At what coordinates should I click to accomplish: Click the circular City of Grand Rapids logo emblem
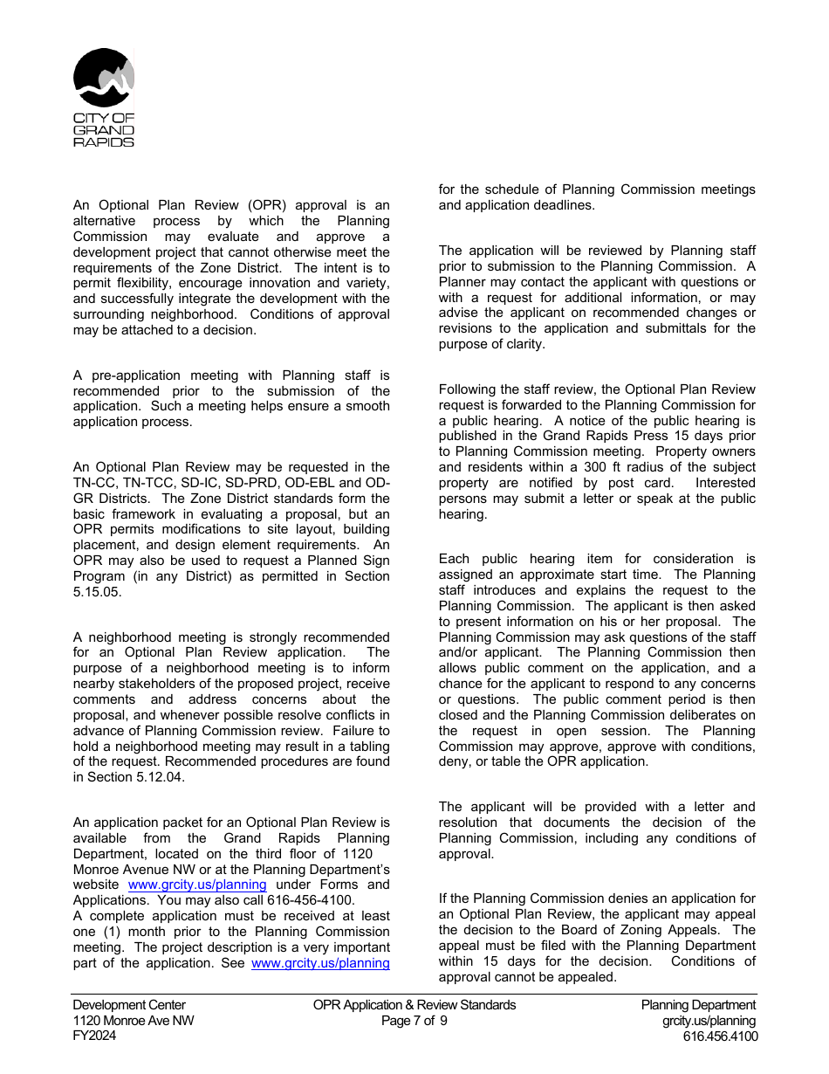point(104,79)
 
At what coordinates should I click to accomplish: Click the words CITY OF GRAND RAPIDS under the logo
point(104,129)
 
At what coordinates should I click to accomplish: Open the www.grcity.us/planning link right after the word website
point(196,885)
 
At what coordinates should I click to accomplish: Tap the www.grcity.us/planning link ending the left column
point(320,963)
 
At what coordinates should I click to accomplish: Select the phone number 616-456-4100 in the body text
point(313,900)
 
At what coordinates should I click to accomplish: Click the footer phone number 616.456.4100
point(720,1036)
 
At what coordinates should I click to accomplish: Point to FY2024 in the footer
point(94,1036)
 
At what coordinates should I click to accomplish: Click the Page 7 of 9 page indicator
point(414,1021)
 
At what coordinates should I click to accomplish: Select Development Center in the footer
point(129,1005)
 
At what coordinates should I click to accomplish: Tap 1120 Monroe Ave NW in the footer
point(134,1021)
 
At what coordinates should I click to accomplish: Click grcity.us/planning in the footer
point(709,1021)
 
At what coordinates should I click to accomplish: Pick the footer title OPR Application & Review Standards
point(414,1005)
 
